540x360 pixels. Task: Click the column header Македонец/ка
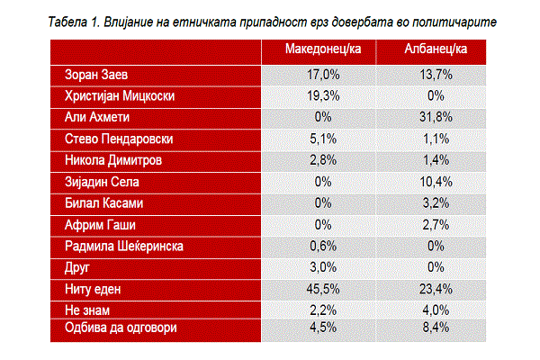click(x=323, y=49)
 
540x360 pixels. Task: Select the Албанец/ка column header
click(x=436, y=49)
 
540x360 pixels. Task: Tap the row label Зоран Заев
click(x=96, y=75)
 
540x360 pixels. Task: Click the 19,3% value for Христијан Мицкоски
click(x=323, y=95)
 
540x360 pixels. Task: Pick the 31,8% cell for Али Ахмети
click(x=436, y=117)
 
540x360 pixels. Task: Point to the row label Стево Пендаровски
click(x=119, y=139)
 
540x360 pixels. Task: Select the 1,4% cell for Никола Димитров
click(x=436, y=160)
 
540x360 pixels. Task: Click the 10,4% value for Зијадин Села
click(x=436, y=182)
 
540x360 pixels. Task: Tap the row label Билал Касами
click(x=103, y=203)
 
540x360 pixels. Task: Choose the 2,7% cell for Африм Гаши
click(x=436, y=225)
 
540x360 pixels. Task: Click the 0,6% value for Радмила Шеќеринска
click(x=323, y=246)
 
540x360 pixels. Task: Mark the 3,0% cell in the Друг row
click(x=323, y=267)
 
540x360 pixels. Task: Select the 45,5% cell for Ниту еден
click(x=323, y=289)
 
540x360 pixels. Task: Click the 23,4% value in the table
click(x=436, y=289)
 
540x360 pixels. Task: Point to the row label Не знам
click(x=87, y=310)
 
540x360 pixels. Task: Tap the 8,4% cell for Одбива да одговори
click(x=436, y=328)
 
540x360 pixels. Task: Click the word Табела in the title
click(x=67, y=22)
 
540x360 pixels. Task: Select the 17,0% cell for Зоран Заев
click(x=323, y=75)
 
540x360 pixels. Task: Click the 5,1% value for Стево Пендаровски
click(x=323, y=139)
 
